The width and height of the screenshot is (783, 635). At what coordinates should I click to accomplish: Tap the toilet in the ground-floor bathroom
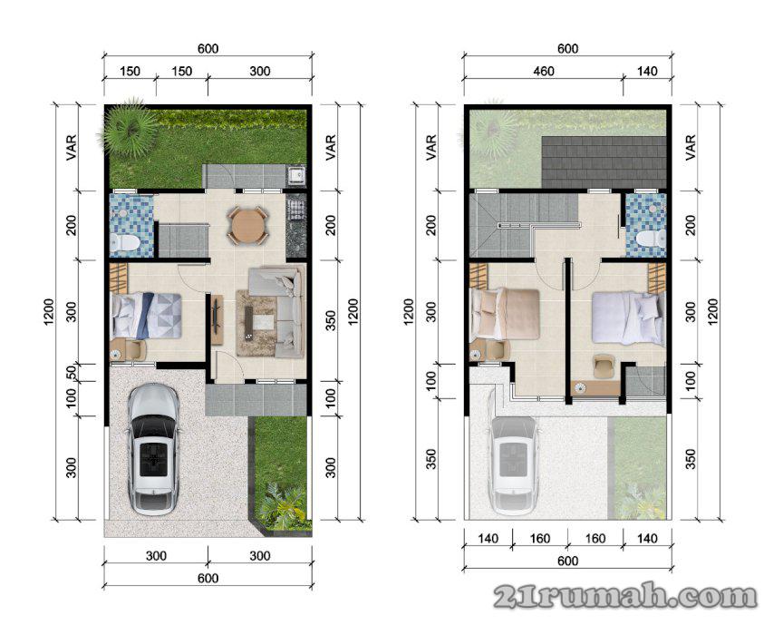pos(124,243)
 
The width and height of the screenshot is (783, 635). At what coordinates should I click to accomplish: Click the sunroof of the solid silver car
pos(152,458)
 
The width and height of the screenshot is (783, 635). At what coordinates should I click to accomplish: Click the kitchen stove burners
pos(295,208)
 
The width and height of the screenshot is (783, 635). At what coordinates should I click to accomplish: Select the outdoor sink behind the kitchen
pos(296,175)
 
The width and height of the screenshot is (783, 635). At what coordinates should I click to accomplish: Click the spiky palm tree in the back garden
pos(128,129)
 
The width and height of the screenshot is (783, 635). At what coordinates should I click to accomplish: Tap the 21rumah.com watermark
pos(625,596)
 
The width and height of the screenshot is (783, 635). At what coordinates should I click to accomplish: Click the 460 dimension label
pos(544,71)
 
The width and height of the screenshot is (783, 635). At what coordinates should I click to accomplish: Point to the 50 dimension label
pos(72,373)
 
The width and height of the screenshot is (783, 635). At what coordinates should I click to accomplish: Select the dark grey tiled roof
pos(604,161)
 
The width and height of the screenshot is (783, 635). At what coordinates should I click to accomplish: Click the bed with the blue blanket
pos(146,315)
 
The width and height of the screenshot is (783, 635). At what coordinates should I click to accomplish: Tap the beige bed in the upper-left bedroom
pos(505,313)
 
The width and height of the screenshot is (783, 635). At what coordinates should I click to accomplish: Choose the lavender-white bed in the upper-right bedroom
pos(629,318)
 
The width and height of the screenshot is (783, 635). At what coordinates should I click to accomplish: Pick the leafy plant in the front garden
pos(281,505)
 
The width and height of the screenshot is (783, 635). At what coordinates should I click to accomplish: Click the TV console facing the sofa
pos(217,319)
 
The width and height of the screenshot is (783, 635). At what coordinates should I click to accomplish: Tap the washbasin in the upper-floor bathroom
pos(652,208)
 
